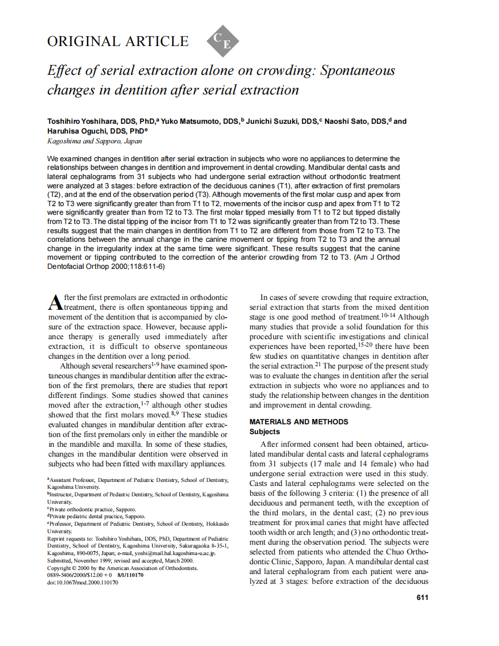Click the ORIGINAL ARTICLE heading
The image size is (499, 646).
pos(118,41)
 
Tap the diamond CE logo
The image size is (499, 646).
pos(222,41)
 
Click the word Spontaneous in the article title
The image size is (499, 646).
pos(357,71)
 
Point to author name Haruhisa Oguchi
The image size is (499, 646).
pos(75,131)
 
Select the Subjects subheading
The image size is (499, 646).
pos(264,431)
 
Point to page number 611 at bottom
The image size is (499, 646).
pos(422,597)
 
